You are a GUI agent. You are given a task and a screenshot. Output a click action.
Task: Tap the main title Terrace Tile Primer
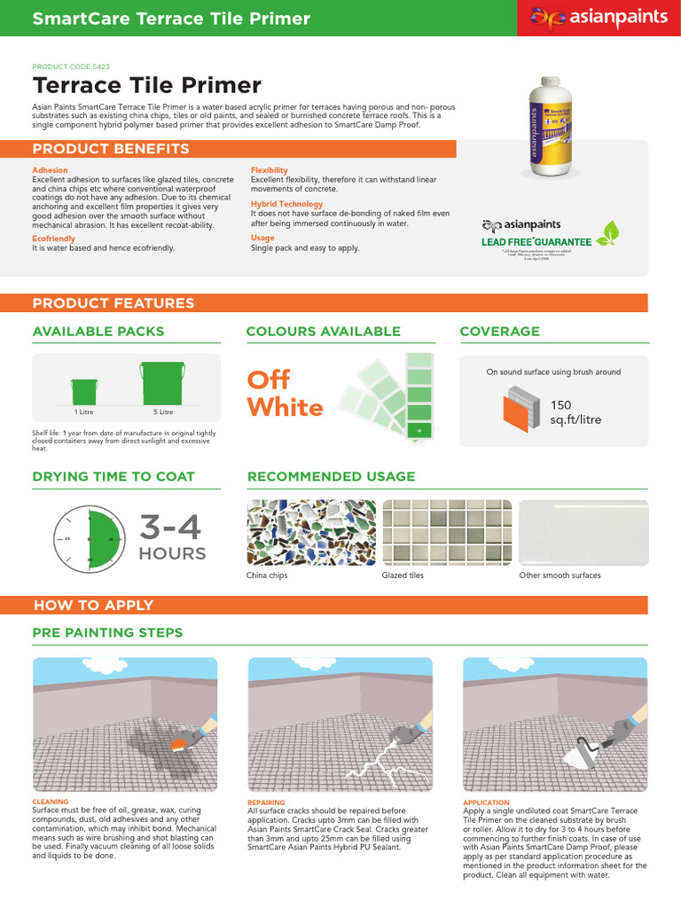click(146, 85)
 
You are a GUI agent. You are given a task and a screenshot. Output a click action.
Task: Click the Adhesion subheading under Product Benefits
click(50, 170)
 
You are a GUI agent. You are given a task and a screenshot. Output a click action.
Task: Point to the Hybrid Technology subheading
click(286, 204)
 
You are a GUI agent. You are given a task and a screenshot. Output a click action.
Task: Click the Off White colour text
click(285, 394)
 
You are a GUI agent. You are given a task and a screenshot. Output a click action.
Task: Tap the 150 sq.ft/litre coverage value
click(575, 412)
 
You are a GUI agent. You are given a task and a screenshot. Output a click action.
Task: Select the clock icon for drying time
click(89, 538)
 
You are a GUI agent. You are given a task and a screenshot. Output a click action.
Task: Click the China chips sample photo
click(310, 531)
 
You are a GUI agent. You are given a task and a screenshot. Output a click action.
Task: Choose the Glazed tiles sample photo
click(446, 531)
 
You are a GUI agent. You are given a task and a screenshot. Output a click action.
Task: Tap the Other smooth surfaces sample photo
click(583, 531)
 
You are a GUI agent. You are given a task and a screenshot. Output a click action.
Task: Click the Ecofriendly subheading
click(53, 238)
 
